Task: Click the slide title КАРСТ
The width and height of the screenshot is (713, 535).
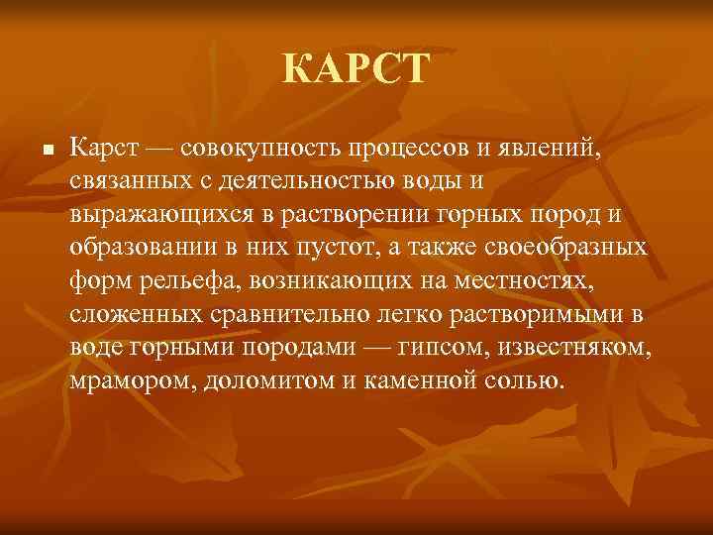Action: (x=356, y=70)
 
